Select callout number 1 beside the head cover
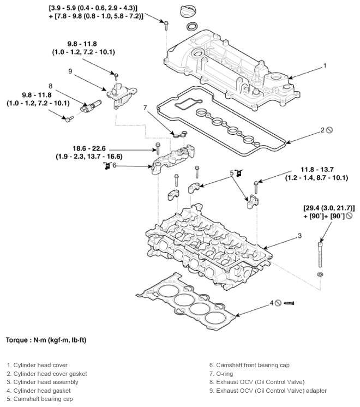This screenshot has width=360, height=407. coord(324,66)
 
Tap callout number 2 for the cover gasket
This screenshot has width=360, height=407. coord(322,130)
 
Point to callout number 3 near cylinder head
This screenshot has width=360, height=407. coord(300,236)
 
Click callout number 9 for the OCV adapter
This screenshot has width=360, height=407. coord(70,71)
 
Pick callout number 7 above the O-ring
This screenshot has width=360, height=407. coord(145,107)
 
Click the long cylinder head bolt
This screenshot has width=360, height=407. coord(320,254)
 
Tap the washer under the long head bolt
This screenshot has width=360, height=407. coord(320,274)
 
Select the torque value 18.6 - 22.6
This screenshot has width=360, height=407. coord(89,148)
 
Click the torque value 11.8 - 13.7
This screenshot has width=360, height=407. coord(317,170)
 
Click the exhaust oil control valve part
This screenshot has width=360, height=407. coord(91,106)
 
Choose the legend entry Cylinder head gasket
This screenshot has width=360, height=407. coord(39,391)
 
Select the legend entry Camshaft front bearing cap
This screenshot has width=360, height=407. coord(249,365)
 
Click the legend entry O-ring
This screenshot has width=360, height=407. coord(221,374)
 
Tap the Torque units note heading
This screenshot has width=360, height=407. coord(46,340)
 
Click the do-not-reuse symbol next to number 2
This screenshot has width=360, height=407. coord(329,130)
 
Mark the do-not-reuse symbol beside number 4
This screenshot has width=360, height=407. coord(278,303)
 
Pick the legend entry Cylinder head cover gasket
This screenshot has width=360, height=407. coord(47,374)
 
